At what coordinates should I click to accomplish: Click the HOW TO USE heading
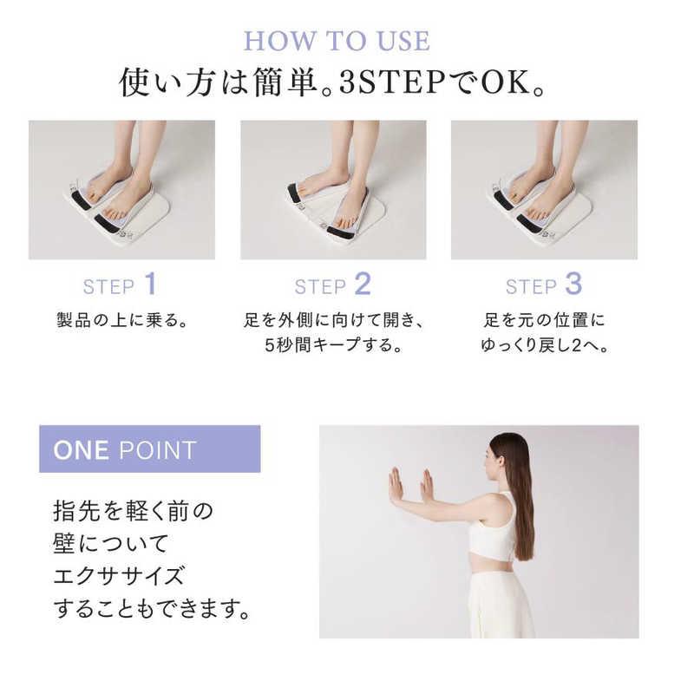pyautogui.click(x=337, y=41)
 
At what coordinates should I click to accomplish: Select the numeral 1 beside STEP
pyautogui.click(x=151, y=284)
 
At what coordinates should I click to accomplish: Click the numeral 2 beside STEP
pyautogui.click(x=363, y=284)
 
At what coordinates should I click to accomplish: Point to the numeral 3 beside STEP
pyautogui.click(x=573, y=284)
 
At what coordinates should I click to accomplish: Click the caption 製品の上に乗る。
pyautogui.click(x=122, y=320)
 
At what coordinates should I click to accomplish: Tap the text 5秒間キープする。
pyautogui.click(x=333, y=344)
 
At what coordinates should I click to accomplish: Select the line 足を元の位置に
pyautogui.click(x=544, y=320)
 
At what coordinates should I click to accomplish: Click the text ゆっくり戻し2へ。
pyautogui.click(x=545, y=344)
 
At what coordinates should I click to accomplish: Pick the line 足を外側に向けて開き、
pyautogui.click(x=334, y=320)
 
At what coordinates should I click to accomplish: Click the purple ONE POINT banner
pyautogui.click(x=149, y=448)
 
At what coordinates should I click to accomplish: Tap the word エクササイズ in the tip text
pyautogui.click(x=118, y=576)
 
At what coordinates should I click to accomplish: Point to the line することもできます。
pyautogui.click(x=152, y=609)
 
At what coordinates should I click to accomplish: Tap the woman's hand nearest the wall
pyautogui.click(x=396, y=486)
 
